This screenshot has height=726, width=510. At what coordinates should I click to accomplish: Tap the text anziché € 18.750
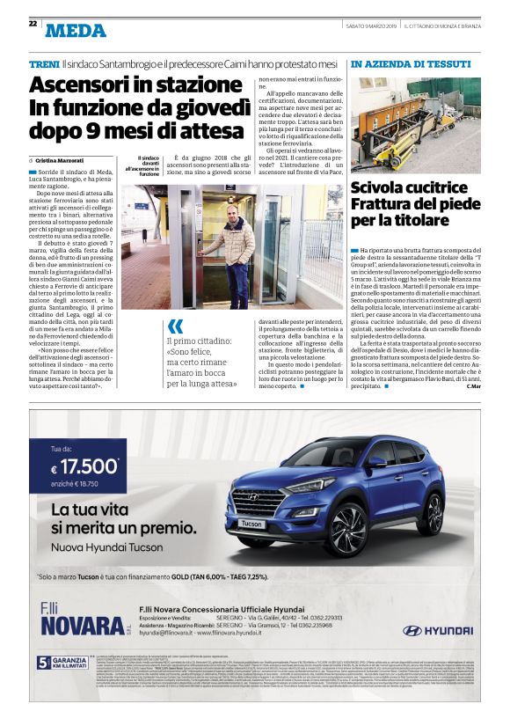(76, 485)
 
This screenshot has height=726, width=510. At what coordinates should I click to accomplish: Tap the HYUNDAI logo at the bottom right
(437, 630)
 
